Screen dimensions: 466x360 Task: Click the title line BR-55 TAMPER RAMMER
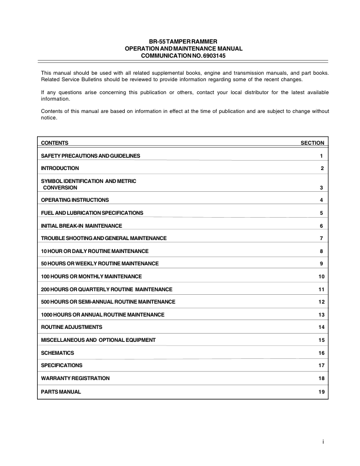[x=179, y=41]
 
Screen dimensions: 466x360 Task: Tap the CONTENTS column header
[x=55, y=143]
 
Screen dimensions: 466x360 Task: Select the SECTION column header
[x=312, y=143]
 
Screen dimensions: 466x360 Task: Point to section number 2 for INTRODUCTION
[x=322, y=169]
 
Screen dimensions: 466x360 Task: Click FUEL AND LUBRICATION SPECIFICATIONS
[x=91, y=213]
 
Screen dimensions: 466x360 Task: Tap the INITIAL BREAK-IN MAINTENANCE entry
[x=81, y=226]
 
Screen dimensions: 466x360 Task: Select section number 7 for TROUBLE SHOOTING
[x=322, y=238]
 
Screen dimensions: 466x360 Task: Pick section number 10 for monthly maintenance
[x=321, y=277]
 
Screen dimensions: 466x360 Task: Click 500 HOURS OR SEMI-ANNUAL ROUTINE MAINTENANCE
[x=108, y=302]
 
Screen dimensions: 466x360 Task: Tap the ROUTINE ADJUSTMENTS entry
[x=72, y=327]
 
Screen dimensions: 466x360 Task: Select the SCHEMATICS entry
[x=58, y=352]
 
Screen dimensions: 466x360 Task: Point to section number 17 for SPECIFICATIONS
[x=321, y=365]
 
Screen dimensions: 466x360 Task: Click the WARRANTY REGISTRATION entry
[x=75, y=378]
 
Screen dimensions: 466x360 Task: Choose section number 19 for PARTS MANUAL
[x=321, y=391]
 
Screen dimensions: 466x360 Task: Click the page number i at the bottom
[x=323, y=441]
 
